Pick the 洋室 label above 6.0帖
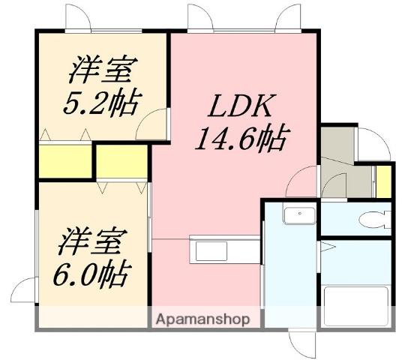point(91,241)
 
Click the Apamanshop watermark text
point(202,319)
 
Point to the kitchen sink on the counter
point(214,248)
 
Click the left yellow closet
point(63,160)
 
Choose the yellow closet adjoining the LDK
point(122,160)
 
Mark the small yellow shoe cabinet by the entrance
point(384,181)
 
